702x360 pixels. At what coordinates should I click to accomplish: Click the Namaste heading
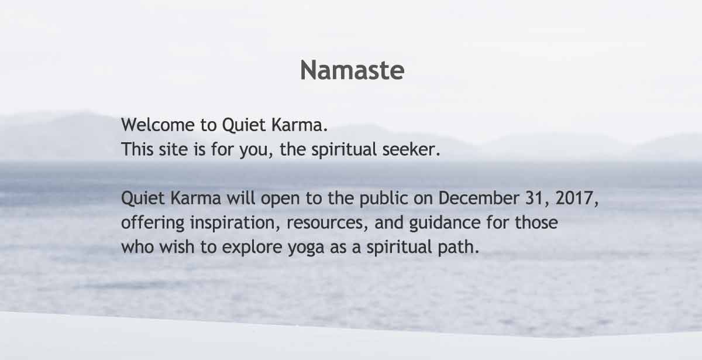[352, 70]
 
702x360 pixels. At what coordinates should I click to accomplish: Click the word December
[479, 198]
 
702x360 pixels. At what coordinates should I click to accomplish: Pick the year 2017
[574, 198]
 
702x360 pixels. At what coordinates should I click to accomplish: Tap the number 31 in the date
[534, 198]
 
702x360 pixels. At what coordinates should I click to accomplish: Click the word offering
[153, 222]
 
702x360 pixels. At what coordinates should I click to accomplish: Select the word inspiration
[232, 223]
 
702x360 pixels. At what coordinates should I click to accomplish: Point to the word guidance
[445, 223]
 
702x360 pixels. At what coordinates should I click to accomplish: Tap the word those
[536, 222]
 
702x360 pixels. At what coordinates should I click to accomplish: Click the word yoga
[306, 248]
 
